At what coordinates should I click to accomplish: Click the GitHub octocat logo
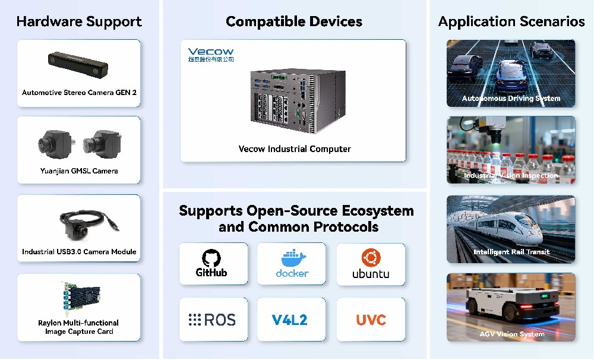pos(211,257)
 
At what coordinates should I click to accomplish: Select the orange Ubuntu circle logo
pos(371,257)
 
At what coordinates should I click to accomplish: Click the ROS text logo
pos(212,320)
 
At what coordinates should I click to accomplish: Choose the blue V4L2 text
pos(290,320)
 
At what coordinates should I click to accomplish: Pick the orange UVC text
pos(371,320)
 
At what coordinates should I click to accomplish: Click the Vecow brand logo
pos(210,52)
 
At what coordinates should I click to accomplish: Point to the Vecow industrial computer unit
pos(292,99)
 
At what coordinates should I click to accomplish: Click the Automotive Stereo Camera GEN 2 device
pos(79,61)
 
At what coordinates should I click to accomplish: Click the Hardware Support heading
pos(79,22)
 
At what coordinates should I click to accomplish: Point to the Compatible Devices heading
pos(293,22)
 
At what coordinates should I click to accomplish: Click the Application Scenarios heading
pos(511,22)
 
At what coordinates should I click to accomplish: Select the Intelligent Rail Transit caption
pos(511,252)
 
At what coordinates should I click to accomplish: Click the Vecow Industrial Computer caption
pos(295,149)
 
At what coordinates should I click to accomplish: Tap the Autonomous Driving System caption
pos(511,99)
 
